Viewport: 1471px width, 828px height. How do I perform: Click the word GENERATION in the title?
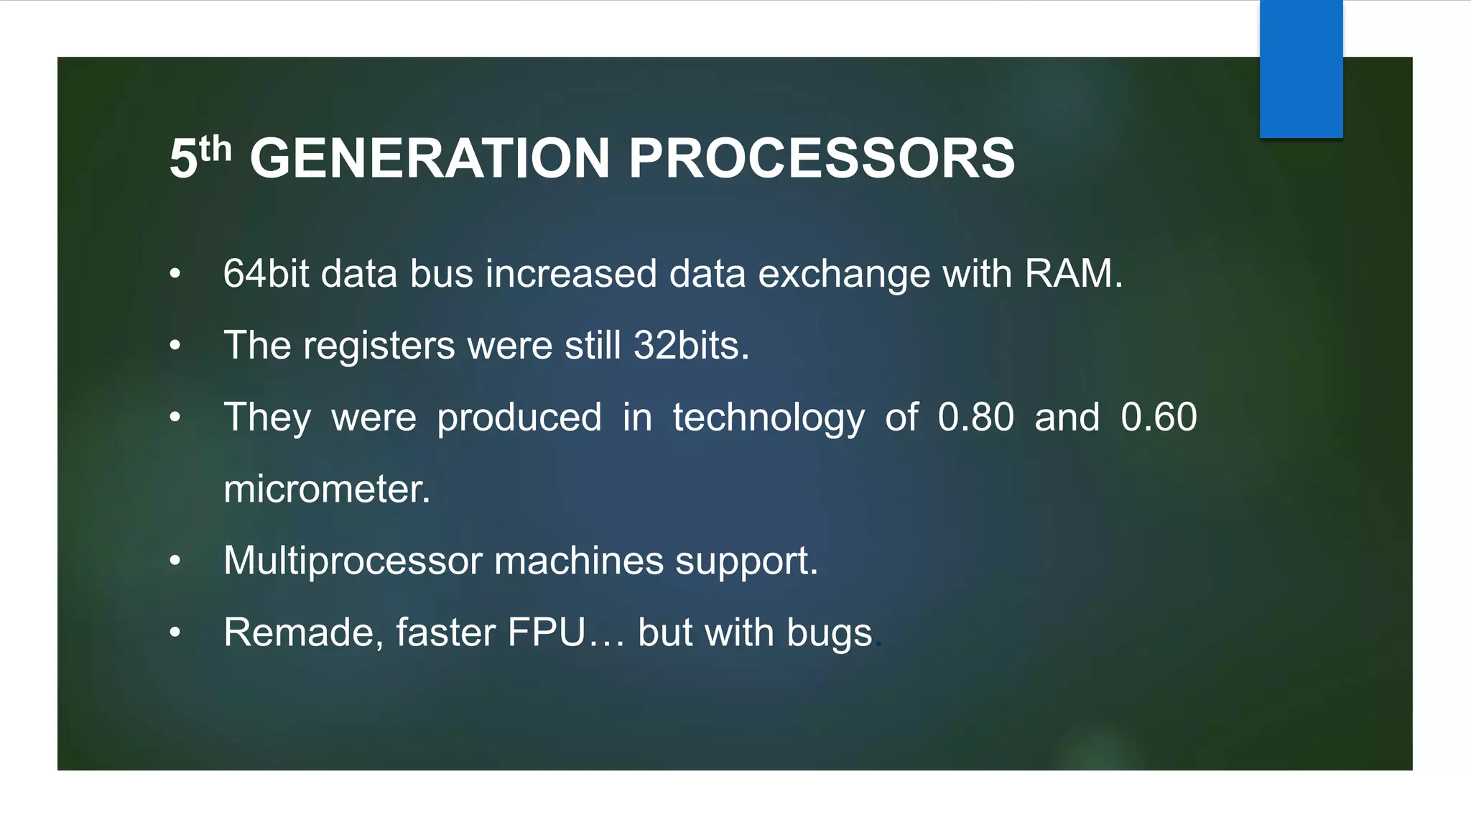(430, 159)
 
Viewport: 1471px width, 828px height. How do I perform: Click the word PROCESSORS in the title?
(822, 159)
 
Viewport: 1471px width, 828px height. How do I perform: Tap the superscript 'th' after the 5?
(215, 149)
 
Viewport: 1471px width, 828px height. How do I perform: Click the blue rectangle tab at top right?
(1301, 69)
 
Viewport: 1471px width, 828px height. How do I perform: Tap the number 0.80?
(975, 418)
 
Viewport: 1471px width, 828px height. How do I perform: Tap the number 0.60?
(1158, 418)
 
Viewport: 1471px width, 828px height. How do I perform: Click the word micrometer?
(326, 489)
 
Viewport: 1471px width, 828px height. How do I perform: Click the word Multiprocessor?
(353, 561)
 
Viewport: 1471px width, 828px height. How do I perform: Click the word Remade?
(302, 633)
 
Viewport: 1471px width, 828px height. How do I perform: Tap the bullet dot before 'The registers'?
(175, 346)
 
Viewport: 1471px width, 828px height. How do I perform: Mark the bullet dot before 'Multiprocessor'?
(175, 561)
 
